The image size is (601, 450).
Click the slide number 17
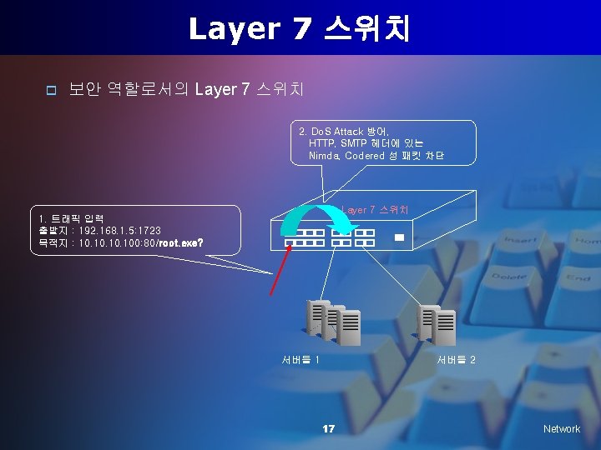[x=329, y=428]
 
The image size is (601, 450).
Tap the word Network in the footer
[x=561, y=428]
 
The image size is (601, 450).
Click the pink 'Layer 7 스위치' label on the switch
[x=375, y=208]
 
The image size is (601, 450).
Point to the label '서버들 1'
[x=300, y=360]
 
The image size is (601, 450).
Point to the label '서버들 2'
[x=456, y=360]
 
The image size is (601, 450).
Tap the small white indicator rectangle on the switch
[x=399, y=237]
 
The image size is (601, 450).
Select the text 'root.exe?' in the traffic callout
[x=181, y=243]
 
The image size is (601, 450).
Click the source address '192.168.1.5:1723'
[x=120, y=230]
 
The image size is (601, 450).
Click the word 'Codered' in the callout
[x=365, y=155]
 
